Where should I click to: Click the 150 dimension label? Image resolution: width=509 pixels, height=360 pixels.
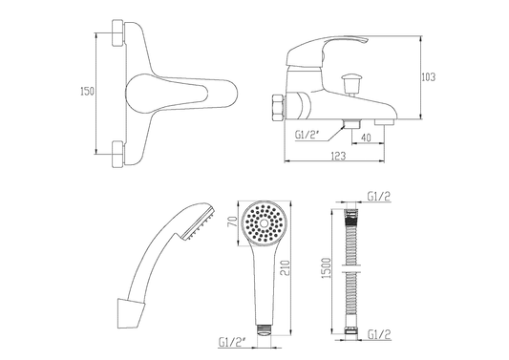(x=87, y=92)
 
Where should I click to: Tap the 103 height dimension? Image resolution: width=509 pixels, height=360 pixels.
(x=428, y=77)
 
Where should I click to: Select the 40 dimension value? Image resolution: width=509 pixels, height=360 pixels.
(x=366, y=138)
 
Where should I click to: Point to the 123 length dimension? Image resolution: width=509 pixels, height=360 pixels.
(x=339, y=157)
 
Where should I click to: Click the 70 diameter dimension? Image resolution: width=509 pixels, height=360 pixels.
(x=233, y=222)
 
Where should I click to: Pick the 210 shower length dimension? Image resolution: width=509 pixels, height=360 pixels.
(x=285, y=267)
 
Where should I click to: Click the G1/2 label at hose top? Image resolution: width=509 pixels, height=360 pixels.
(x=378, y=196)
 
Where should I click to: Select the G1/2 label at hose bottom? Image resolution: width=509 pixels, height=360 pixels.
(x=379, y=334)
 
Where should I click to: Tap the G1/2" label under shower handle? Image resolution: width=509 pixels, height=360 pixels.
(x=232, y=343)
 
